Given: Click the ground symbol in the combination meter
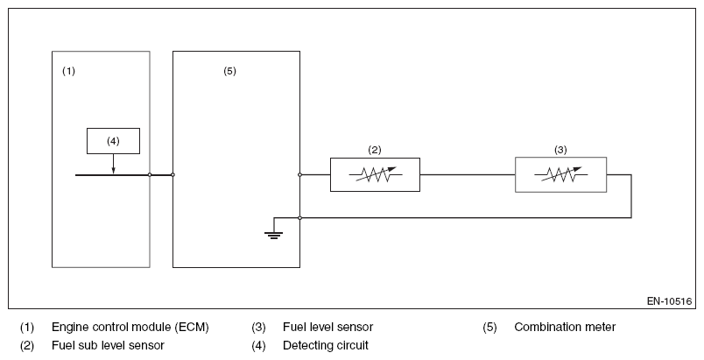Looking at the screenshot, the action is point(273,235).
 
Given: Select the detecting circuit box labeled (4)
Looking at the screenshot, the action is point(113,141).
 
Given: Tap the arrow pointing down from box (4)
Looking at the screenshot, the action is point(113,164).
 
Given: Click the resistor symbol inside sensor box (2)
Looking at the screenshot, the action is point(376,174).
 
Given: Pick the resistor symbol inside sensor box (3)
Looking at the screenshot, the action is point(560,174).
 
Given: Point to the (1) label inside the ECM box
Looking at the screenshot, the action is point(68,71).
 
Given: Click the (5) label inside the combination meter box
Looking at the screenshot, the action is point(230,71).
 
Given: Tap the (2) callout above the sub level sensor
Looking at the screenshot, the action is point(375,150).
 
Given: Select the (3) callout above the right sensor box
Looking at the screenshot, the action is point(560,150).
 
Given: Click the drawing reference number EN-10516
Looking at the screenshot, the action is point(670,301).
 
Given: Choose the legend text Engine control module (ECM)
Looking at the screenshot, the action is point(130,328).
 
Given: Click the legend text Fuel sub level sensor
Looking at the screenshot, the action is point(109,345).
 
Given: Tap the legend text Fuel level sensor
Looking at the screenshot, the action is point(327,328).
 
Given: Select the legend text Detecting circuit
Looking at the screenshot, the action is point(326,345).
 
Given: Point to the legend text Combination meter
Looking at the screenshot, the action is point(565,328).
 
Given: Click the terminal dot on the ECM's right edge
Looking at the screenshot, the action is point(150,174).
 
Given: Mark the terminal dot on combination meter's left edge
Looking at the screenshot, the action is point(172,174).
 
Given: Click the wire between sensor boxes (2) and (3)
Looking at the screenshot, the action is point(468,174).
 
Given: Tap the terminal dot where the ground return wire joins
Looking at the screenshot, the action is point(300,218).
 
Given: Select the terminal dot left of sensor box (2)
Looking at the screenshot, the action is point(300,174).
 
